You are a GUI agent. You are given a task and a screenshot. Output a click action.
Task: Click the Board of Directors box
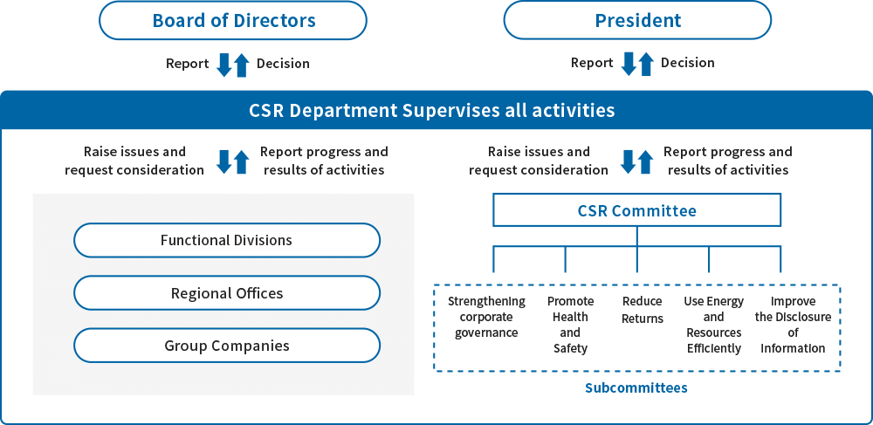(233, 20)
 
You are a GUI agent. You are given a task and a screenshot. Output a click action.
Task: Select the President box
(637, 20)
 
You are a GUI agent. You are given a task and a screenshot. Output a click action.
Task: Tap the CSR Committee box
(636, 210)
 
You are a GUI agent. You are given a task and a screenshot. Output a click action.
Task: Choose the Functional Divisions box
(227, 240)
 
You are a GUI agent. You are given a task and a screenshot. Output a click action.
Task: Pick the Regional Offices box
(227, 293)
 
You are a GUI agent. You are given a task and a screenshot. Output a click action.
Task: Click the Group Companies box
(227, 346)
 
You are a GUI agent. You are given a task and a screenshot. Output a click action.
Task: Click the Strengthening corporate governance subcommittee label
(486, 317)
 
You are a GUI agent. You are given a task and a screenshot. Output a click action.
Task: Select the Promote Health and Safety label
(570, 325)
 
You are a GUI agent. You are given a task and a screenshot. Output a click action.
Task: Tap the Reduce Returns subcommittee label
(643, 310)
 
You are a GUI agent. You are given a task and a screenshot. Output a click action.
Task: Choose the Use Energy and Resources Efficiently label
(713, 325)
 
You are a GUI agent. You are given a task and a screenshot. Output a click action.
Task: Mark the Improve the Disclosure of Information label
(793, 325)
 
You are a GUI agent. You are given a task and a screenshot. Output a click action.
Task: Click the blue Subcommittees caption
(636, 387)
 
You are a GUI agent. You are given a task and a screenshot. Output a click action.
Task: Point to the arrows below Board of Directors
(233, 65)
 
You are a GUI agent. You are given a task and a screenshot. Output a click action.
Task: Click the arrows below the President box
(637, 65)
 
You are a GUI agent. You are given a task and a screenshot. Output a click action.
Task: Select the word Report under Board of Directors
(188, 64)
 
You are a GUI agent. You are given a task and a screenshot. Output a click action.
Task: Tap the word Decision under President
(687, 63)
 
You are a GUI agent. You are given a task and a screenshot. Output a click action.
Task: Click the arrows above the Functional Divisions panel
(227, 161)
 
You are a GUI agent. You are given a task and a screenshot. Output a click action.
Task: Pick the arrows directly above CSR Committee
(636, 161)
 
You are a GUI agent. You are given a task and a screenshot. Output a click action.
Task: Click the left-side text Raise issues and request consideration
(134, 161)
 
